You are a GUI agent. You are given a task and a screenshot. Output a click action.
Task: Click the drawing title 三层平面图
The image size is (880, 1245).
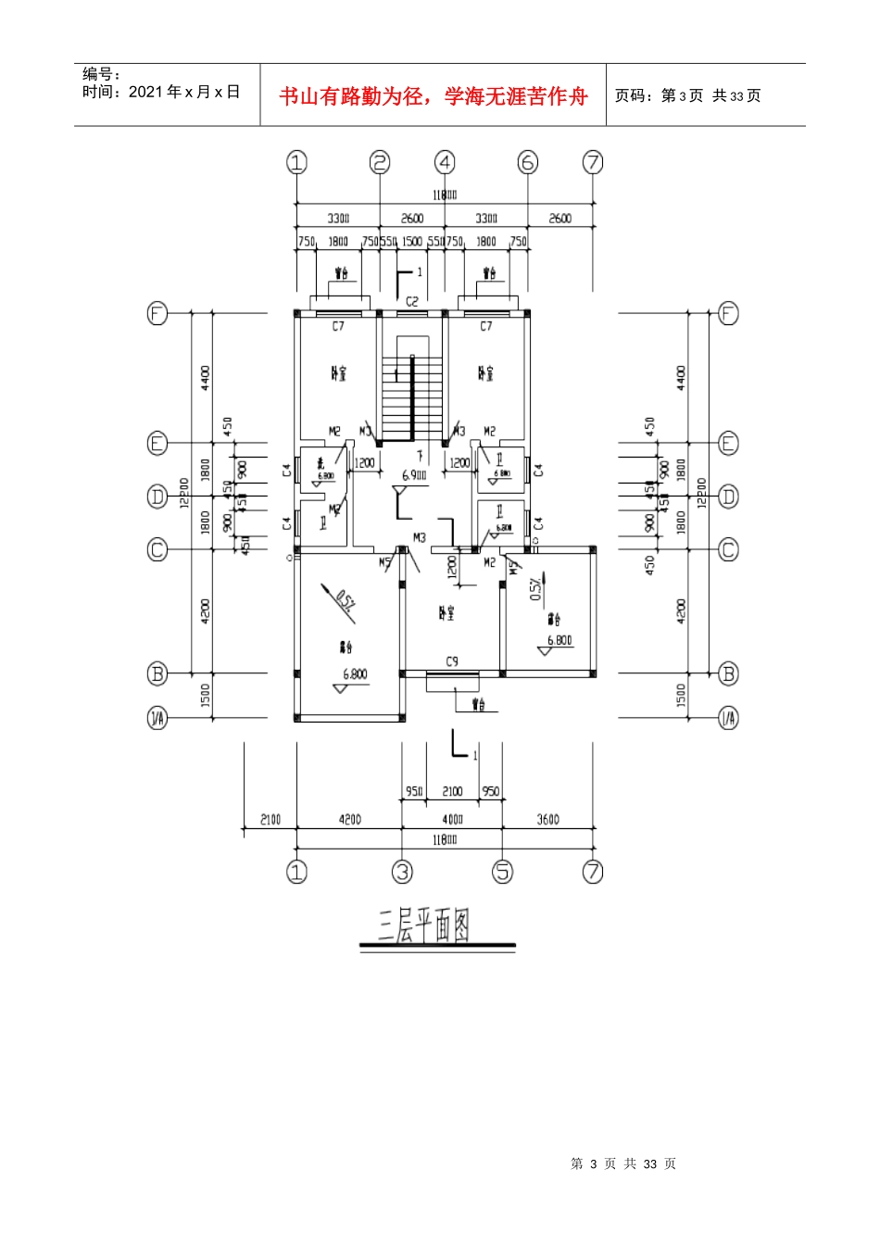424,925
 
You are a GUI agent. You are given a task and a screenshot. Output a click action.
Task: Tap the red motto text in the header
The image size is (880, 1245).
434,96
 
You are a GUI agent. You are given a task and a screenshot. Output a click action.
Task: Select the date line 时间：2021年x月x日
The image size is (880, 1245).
161,92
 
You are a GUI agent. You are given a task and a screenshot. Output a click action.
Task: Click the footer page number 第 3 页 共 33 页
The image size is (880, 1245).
623,1163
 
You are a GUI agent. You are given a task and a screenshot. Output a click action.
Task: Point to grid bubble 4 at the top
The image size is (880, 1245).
446,163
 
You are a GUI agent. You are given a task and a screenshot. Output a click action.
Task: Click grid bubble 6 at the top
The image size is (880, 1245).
528,163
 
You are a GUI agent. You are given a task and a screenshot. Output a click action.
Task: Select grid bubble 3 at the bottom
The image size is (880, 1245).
402,872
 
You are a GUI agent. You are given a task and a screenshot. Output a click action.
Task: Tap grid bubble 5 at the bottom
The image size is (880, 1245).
502,872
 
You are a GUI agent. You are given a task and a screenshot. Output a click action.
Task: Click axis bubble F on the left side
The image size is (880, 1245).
157,313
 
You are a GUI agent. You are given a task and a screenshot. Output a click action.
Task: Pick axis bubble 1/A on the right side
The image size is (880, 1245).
729,718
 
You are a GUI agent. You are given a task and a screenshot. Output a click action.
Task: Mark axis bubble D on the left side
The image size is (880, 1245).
157,497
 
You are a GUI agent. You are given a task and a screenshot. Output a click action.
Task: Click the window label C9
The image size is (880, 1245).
452,661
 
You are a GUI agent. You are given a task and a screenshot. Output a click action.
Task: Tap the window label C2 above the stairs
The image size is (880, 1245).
412,302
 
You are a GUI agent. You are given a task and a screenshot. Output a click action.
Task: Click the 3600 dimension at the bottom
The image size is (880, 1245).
547,819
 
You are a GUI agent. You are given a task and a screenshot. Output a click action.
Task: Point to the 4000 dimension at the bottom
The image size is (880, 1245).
452,819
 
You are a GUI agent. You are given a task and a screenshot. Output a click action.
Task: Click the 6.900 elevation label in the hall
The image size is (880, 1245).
414,475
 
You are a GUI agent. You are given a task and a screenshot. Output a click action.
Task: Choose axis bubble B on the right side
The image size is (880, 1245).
729,673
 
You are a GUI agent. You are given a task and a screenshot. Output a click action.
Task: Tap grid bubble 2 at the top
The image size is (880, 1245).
380,163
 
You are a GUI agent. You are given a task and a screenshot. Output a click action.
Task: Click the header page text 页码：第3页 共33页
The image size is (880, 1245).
688,95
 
